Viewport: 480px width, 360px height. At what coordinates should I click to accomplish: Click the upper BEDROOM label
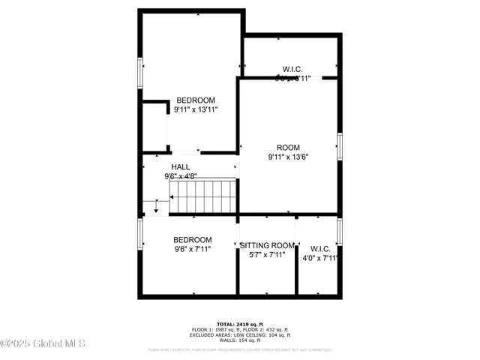point(196,100)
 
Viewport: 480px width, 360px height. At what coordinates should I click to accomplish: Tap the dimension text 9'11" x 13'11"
point(196,110)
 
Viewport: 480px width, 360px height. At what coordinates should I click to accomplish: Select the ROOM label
point(288,148)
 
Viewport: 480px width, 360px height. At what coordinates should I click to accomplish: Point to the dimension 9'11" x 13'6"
point(288,157)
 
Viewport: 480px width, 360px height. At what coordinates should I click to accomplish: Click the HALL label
point(180,167)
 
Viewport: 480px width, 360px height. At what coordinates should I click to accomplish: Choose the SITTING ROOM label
point(267,245)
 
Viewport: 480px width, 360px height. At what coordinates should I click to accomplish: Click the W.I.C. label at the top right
point(292,69)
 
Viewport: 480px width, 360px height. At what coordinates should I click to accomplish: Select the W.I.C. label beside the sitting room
point(320,248)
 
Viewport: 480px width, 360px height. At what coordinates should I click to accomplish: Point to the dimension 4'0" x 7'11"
point(320,258)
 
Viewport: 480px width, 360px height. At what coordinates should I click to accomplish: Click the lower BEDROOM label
point(193,240)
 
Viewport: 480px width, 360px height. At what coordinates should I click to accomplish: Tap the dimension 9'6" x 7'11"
point(193,250)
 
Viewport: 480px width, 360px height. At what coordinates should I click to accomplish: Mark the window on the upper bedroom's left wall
point(139,73)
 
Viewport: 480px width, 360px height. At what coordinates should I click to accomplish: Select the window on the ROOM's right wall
point(340,146)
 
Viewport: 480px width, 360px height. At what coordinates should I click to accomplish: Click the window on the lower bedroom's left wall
point(139,234)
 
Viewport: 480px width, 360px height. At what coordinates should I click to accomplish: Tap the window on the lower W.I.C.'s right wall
point(340,231)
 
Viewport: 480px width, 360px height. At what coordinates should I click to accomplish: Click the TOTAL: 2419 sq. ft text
point(239,324)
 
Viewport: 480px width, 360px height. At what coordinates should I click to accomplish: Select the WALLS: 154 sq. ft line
point(239,340)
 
